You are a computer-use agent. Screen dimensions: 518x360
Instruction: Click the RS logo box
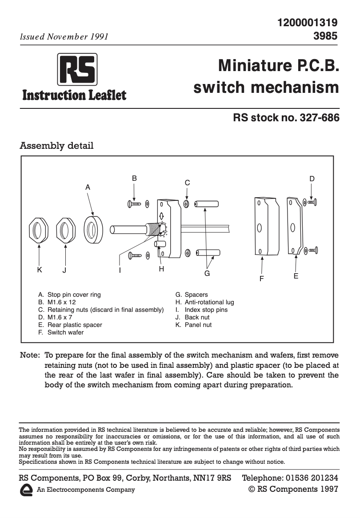point(77,69)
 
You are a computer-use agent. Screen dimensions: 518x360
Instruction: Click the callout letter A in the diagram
point(88,187)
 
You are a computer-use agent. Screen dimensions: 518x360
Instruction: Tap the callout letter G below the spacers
point(207,274)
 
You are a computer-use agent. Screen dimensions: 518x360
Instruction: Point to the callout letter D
point(312,179)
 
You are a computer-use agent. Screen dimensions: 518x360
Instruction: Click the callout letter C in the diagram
point(188,183)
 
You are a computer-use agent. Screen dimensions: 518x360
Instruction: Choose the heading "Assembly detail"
point(57,146)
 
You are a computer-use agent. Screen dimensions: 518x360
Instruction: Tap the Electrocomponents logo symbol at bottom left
point(27,490)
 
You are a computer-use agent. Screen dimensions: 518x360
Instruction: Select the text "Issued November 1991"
point(64,37)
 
